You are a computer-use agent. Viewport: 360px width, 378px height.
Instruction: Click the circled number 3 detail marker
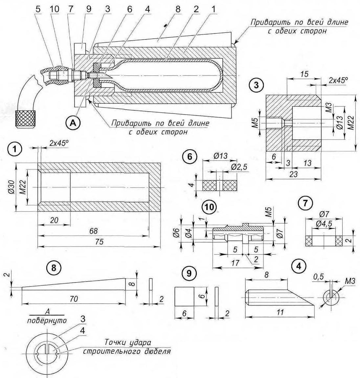click(x=256, y=85)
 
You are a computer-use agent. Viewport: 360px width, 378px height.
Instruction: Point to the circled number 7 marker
click(x=305, y=203)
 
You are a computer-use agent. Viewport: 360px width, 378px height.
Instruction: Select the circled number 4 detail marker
click(x=299, y=266)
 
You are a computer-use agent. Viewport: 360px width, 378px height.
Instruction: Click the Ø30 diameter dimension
click(x=12, y=187)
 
